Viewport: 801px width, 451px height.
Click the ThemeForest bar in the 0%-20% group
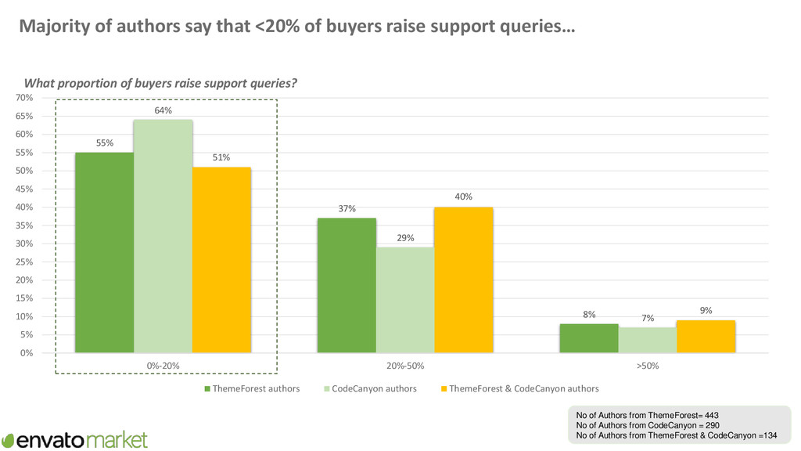(x=104, y=252)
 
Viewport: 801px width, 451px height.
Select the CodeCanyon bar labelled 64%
(x=163, y=236)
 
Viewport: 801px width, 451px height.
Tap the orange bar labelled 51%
(x=221, y=259)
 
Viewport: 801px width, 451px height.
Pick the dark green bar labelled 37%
(x=347, y=285)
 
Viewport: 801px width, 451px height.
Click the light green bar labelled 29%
(x=405, y=300)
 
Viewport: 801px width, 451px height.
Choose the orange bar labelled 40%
(x=464, y=280)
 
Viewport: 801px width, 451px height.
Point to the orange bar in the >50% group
(x=706, y=336)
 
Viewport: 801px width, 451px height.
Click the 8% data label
(x=589, y=314)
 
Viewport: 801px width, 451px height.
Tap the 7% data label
(x=648, y=318)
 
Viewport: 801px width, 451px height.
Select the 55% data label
(x=105, y=143)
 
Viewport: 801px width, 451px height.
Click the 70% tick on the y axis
(x=24, y=98)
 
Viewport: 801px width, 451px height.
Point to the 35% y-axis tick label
(x=24, y=225)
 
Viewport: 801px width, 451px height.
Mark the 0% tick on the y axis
(x=27, y=353)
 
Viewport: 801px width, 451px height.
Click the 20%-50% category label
(x=405, y=366)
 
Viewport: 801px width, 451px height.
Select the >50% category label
(x=647, y=366)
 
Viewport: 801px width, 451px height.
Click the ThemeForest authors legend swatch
(x=207, y=389)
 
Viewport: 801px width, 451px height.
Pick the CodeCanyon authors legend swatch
(x=326, y=389)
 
